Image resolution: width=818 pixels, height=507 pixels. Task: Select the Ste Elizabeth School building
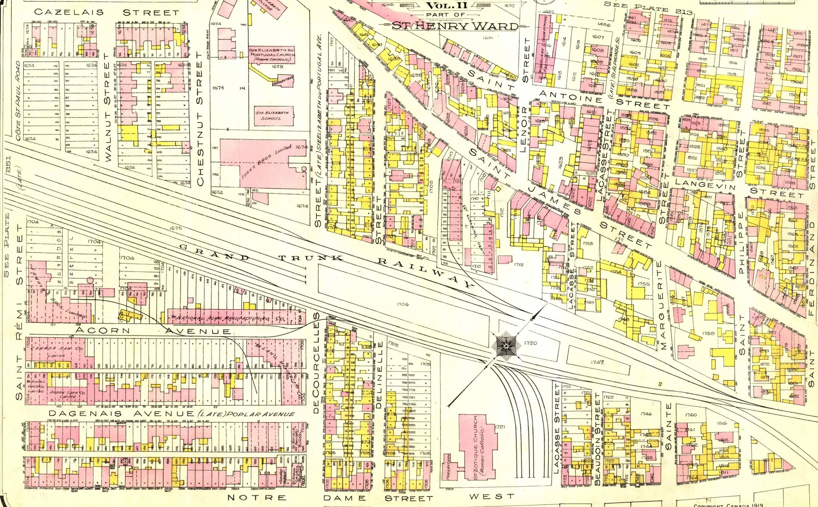[x=273, y=116]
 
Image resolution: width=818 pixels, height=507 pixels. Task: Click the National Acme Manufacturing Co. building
[x=228, y=317]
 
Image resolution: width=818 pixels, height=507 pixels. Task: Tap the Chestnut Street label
[x=200, y=118]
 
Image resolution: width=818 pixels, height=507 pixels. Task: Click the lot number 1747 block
[x=597, y=362]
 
